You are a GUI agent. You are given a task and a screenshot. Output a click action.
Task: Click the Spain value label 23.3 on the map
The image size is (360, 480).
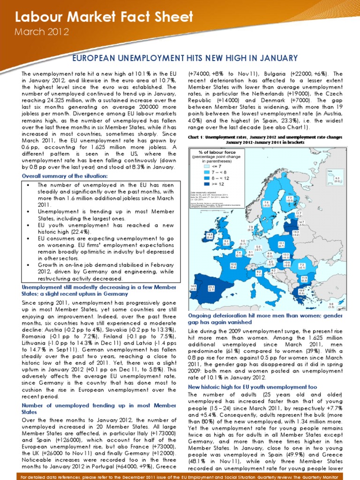[x=211, y=288]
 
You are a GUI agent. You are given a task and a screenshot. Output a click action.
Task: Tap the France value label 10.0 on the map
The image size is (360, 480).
[x=233, y=265]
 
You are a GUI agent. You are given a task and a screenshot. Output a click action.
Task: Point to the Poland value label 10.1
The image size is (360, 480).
[x=281, y=244]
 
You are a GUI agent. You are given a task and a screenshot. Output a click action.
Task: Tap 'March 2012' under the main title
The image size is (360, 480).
[x=42, y=32]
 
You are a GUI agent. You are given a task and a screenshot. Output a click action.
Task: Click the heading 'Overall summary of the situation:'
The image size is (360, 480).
[x=65, y=176]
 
